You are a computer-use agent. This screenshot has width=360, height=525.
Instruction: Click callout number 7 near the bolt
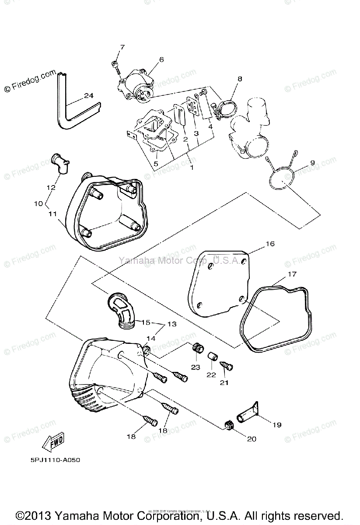point(122,47)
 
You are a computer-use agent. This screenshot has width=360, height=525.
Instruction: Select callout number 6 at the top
point(149,59)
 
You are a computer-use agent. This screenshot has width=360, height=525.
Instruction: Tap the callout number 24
point(89,96)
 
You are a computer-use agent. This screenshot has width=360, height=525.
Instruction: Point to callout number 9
point(312,163)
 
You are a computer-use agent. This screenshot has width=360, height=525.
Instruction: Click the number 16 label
point(269,244)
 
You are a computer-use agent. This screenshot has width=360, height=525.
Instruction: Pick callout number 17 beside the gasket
point(292,275)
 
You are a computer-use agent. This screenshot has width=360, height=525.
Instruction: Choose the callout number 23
point(195,367)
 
